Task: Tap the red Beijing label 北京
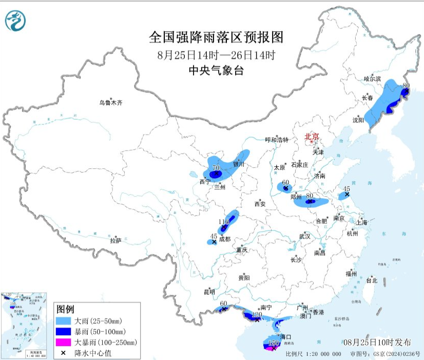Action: coord(312,137)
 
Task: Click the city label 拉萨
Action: coord(115,240)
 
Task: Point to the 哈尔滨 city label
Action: coord(372,79)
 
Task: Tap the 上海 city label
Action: coord(361,222)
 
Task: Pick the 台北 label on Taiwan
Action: coord(371,280)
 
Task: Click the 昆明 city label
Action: coord(209,292)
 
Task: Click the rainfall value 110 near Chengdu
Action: coord(224,222)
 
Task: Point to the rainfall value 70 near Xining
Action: coord(216,168)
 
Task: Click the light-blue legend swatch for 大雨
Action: coord(64,321)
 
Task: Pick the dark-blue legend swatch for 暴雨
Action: coord(64,331)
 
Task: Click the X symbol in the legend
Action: coord(64,353)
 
